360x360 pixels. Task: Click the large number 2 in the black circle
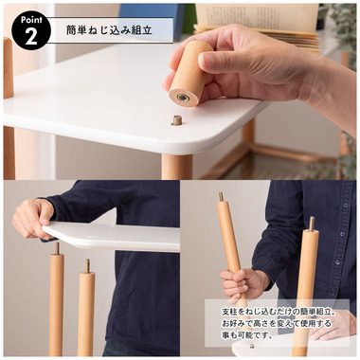[x=31, y=37]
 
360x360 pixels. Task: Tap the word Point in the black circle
[x=31, y=20]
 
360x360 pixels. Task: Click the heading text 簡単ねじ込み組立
[x=109, y=30]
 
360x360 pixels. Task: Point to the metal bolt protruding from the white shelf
[x=177, y=120]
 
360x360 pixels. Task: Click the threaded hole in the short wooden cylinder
[x=183, y=98]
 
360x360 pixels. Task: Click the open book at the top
[x=257, y=25]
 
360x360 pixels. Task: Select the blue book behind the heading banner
[x=152, y=14]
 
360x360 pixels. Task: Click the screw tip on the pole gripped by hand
[x=222, y=197]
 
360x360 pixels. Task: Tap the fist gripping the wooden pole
[x=243, y=283]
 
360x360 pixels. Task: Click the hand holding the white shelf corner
[x=32, y=218]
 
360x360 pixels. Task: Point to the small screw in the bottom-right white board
[x=252, y=346]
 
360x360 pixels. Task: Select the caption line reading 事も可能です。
[x=247, y=335]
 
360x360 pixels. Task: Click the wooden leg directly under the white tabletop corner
[x=177, y=167]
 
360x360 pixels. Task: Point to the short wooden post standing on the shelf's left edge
[x=9, y=68]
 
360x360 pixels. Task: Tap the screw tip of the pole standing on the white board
[x=312, y=224]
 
